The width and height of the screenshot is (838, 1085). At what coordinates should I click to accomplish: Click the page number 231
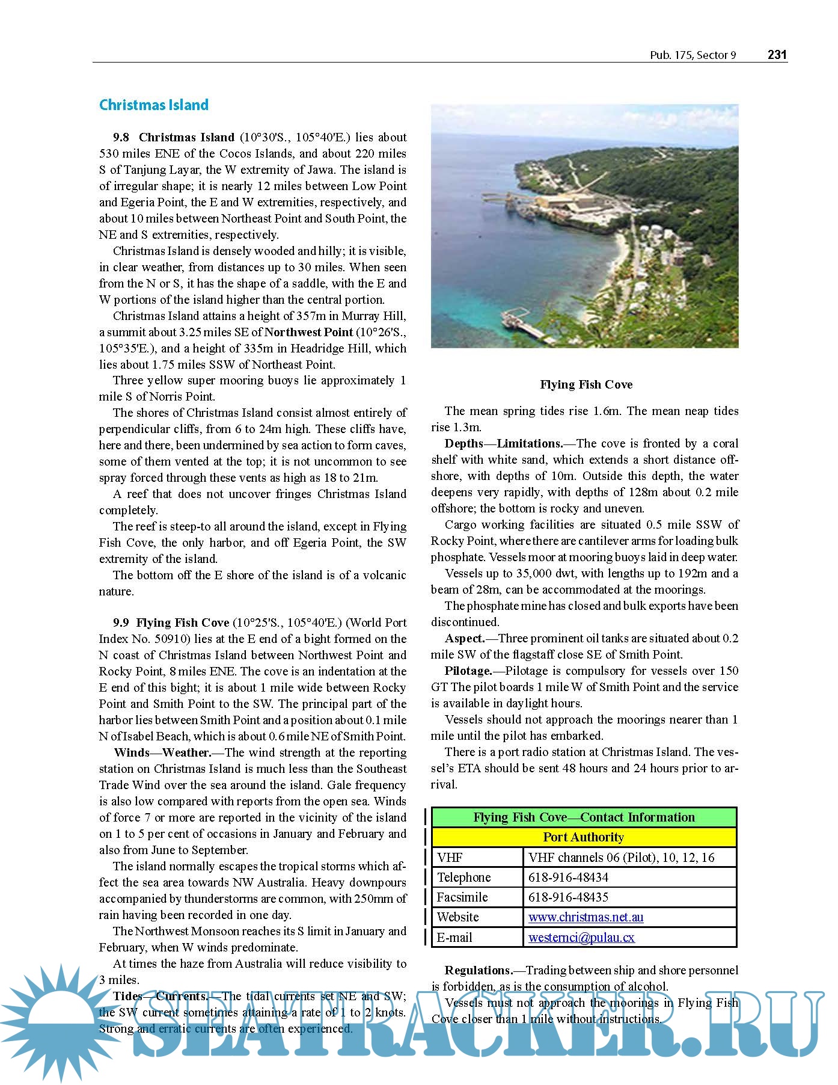coord(777,55)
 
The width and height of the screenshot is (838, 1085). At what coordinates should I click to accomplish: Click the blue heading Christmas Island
coord(154,105)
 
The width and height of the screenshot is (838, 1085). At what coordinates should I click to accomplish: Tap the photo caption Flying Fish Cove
coord(586,385)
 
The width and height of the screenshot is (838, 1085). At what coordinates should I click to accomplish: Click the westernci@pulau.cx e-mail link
coord(581,938)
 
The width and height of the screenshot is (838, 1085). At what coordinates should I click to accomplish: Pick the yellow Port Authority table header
coord(584,837)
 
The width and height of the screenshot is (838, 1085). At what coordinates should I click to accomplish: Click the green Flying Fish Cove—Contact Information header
coord(584,817)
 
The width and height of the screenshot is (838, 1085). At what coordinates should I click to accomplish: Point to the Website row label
coord(458,917)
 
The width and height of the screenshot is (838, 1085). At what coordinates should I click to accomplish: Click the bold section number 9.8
coord(121,138)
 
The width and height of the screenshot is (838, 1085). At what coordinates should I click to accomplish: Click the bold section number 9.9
coord(121,623)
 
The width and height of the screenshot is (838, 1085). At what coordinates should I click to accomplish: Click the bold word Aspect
coord(465,639)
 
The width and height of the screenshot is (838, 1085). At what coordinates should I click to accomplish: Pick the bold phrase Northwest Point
coord(308,332)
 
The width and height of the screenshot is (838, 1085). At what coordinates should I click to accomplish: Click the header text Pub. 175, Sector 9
coord(693,55)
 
